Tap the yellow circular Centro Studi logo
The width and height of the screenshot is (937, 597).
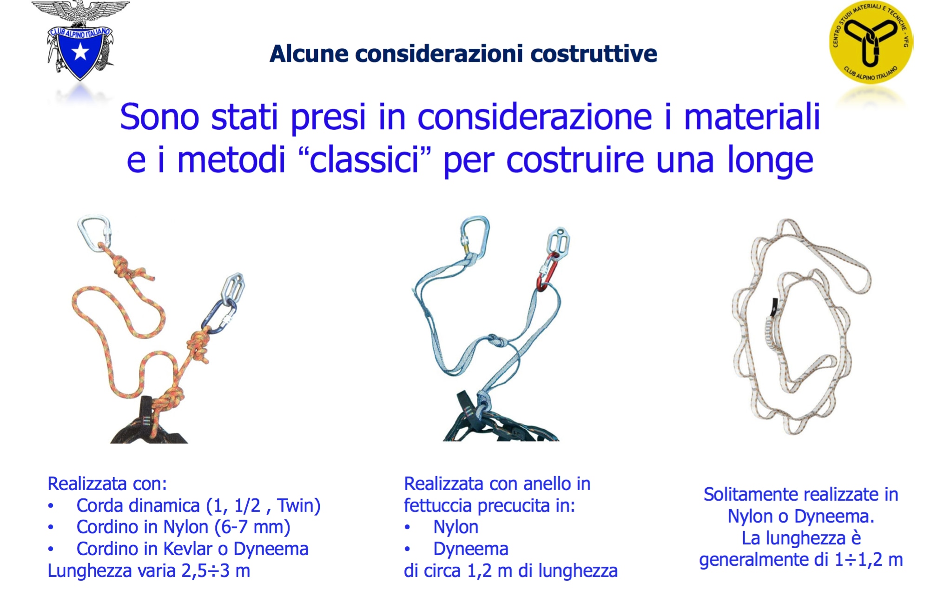pos(871,42)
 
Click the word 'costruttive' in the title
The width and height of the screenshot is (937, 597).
pos(594,53)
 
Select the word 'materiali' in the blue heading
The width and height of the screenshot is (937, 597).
pos(752,117)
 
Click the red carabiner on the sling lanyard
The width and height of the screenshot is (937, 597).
pos(547,272)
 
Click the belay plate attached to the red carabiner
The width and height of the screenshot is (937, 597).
pos(558,243)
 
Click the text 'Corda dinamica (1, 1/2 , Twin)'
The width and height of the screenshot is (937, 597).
pos(198,506)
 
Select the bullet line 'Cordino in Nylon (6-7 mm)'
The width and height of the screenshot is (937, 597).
pos(183,527)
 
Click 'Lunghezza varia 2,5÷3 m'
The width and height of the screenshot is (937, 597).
pos(149,570)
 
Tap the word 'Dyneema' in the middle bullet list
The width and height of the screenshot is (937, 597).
pos(470,550)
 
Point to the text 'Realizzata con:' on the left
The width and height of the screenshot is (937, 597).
pos(107,484)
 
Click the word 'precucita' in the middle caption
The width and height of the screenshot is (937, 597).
pos(503,506)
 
